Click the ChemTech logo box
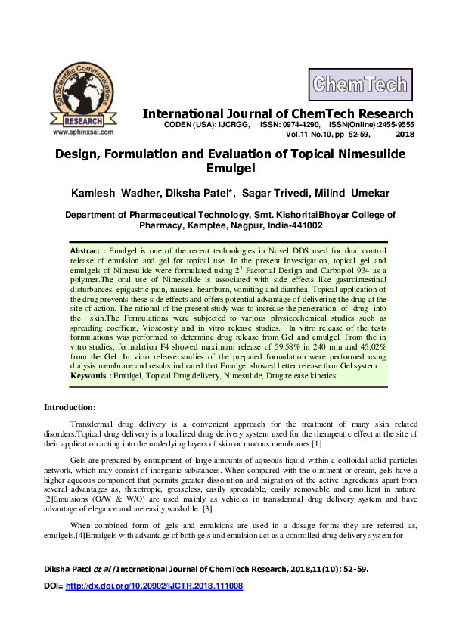tap(358, 85)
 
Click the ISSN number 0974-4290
tap(299, 124)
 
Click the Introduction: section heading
tap(70, 407)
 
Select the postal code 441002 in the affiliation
tap(304, 225)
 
